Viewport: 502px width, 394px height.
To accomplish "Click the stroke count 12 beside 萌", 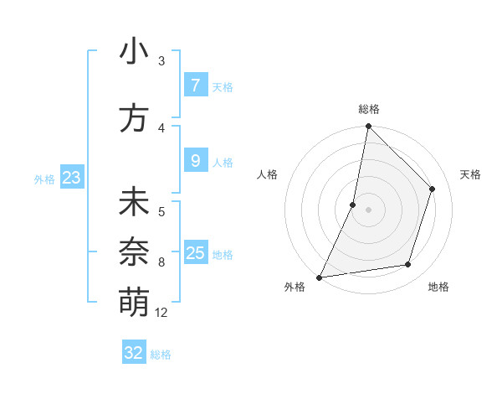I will (161, 313).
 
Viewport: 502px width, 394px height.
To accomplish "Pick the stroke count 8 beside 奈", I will (161, 262).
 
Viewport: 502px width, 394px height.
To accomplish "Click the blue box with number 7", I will (195, 85).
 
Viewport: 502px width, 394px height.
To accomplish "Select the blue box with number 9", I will (195, 161).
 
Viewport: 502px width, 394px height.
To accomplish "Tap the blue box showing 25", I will (195, 252).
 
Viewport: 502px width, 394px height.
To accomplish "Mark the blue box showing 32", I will (134, 353).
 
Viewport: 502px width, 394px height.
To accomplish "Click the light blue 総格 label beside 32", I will (161, 355).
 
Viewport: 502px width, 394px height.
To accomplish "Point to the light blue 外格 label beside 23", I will (44, 179).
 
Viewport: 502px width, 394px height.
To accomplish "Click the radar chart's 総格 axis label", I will (369, 109).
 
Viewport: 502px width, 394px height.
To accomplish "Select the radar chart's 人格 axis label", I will (267, 174).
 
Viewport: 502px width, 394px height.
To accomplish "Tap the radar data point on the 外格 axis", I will (319, 277).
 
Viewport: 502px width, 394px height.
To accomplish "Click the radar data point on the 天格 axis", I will (433, 189).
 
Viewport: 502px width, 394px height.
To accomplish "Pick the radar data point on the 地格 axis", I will (408, 264).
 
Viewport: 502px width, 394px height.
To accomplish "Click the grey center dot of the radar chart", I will (368, 210).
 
